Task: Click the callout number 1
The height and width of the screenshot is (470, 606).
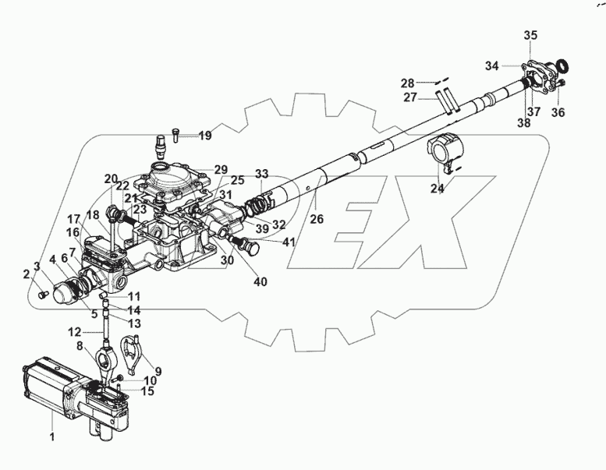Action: coord(52,438)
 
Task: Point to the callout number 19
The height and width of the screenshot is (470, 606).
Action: coord(204,136)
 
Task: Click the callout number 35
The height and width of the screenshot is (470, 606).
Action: coord(530,36)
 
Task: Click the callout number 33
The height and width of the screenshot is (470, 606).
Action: coord(261,173)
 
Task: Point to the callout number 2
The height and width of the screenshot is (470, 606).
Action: coord(26,274)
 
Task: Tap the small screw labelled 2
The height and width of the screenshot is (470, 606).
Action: coord(44,295)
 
